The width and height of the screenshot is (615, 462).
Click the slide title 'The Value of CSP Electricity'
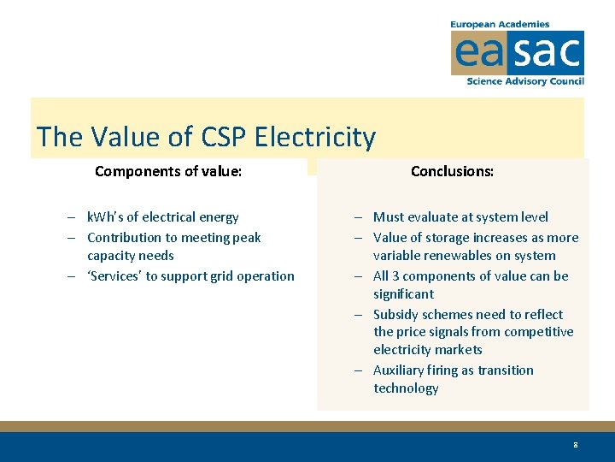[206, 137]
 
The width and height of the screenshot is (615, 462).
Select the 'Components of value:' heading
[168, 171]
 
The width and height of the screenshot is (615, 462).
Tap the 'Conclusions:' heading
[452, 171]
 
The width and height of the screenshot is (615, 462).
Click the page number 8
[576, 445]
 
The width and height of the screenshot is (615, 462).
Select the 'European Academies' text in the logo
[500, 25]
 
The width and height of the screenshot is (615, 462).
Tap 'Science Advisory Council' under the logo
[524, 81]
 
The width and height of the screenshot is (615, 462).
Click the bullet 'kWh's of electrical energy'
[162, 217]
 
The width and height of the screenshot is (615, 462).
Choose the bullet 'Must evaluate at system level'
[460, 217]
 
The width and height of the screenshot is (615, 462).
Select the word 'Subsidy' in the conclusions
[397, 314]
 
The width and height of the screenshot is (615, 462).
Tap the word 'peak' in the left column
[246, 238]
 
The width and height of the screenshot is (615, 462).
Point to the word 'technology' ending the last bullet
[406, 388]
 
